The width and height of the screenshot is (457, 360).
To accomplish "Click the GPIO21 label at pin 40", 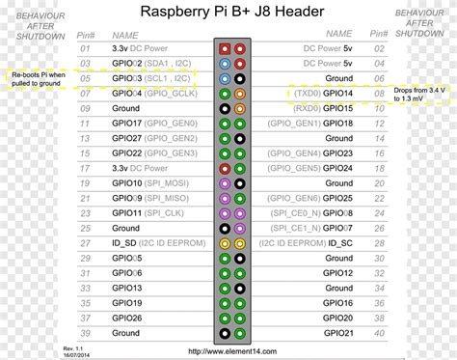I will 338,333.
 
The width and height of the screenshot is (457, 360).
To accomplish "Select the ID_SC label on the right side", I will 338,243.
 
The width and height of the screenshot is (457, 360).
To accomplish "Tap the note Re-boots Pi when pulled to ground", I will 39,78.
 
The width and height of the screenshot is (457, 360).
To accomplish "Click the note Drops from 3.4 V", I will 420,94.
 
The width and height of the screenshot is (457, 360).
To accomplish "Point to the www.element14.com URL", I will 228,351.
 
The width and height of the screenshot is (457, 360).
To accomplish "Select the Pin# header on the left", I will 85,33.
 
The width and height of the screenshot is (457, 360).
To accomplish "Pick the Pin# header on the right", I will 377,33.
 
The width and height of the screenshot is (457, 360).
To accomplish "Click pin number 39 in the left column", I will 85,333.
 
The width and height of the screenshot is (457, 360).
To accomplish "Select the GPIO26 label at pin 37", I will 127,318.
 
